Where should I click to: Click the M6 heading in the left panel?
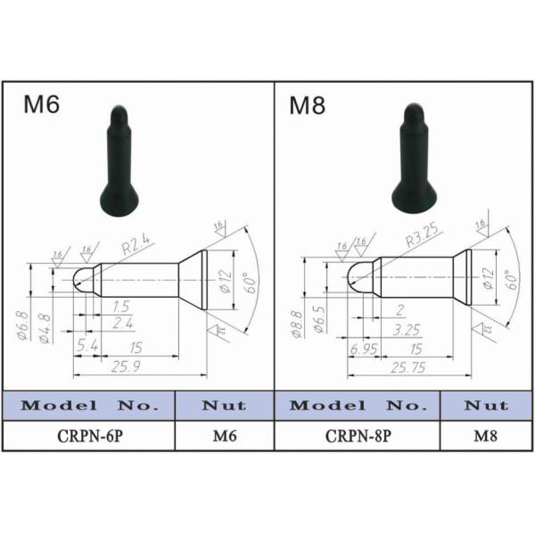(41, 104)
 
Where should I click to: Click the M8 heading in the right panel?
(308, 104)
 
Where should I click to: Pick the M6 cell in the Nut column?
(224, 436)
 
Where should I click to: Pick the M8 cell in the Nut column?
(486, 436)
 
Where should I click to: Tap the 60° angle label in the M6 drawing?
(252, 282)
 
